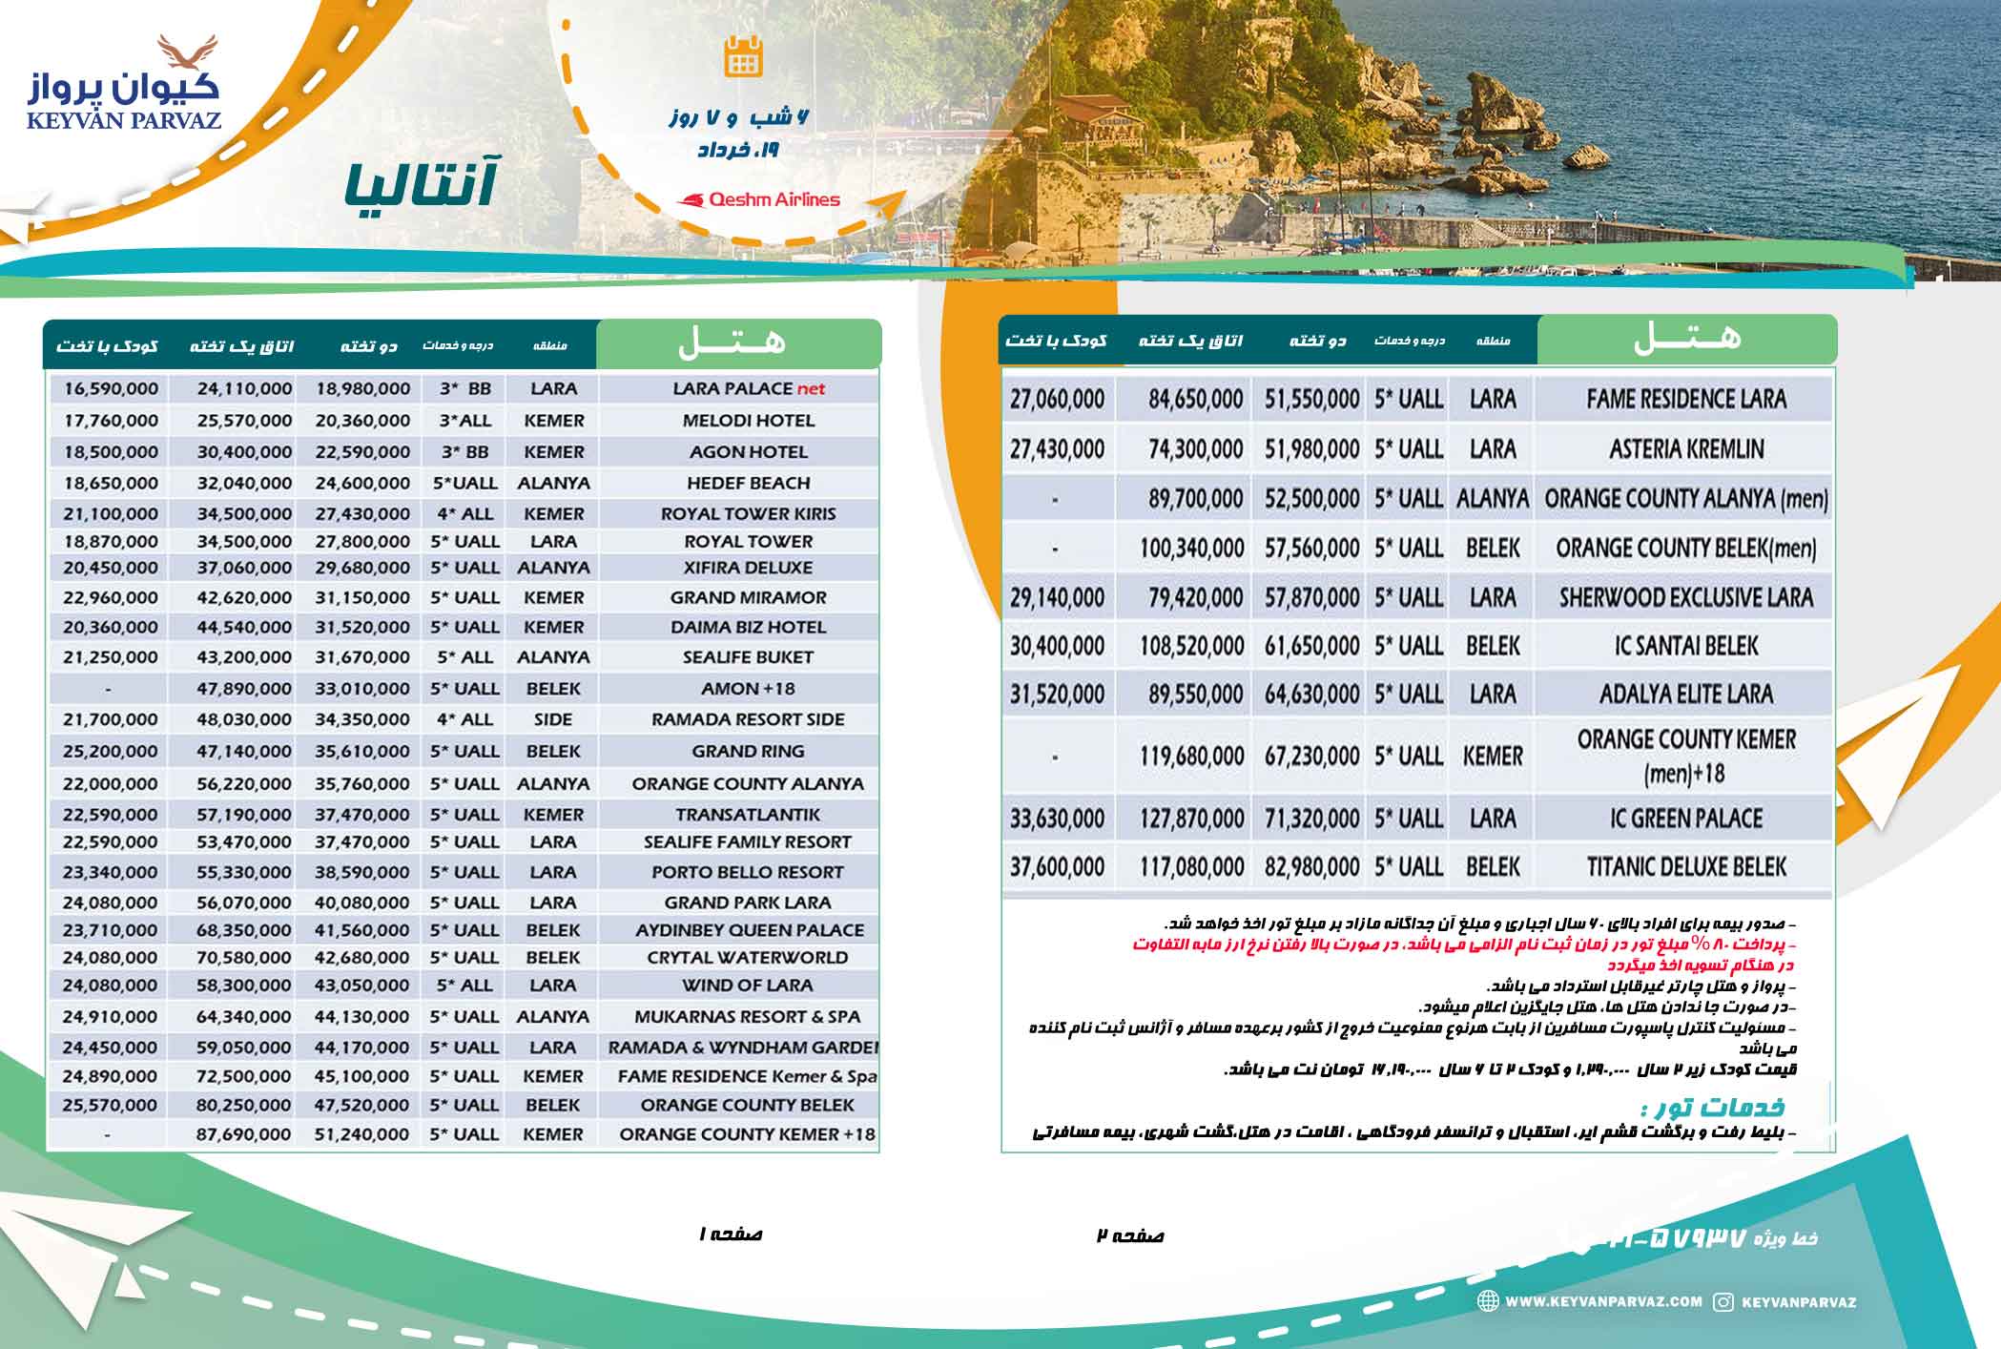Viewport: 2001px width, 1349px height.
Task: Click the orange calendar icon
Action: (x=743, y=56)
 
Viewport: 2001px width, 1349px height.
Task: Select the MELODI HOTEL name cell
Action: (x=748, y=421)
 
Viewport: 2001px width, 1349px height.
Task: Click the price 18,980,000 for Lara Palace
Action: (x=362, y=389)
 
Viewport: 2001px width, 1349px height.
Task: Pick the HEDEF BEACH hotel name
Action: (x=748, y=484)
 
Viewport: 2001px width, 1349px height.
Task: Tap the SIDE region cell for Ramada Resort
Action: (x=553, y=720)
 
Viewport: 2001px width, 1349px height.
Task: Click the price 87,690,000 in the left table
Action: (x=244, y=1134)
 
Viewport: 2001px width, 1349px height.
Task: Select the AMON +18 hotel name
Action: (x=748, y=689)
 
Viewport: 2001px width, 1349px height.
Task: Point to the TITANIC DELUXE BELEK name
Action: (x=1685, y=867)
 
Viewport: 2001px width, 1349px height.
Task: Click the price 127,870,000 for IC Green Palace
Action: (x=1191, y=819)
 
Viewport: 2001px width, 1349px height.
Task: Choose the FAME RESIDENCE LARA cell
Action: (x=1685, y=399)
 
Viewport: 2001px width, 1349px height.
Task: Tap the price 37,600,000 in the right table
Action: (x=1057, y=867)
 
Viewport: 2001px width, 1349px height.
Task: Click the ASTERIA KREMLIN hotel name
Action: (x=1685, y=448)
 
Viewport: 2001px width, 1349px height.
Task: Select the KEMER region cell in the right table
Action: (x=1492, y=757)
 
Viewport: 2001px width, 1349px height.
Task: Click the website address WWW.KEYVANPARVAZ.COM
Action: (x=1602, y=1301)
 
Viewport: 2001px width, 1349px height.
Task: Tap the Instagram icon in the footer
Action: (x=1723, y=1302)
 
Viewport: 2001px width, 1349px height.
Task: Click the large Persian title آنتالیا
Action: (x=420, y=185)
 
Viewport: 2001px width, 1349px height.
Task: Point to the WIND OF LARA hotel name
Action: (x=748, y=986)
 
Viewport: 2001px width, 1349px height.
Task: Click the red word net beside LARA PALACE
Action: (x=812, y=389)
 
